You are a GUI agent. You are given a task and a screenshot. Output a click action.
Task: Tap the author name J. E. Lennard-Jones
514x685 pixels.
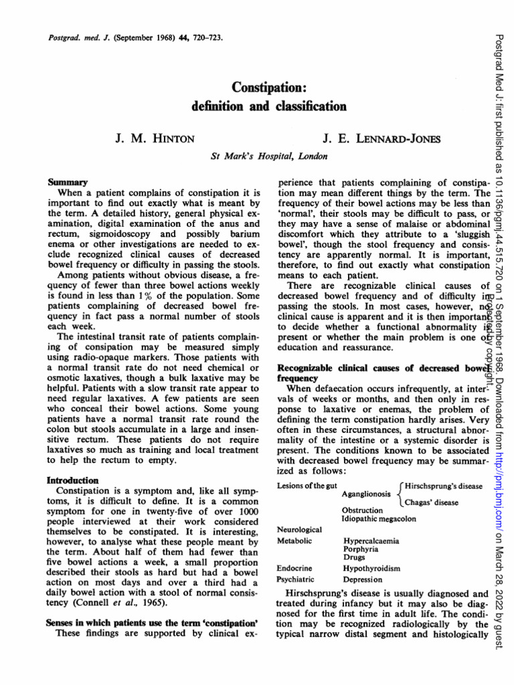tap(372, 138)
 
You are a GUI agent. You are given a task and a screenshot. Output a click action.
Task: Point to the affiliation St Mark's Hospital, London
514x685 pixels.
tap(270, 157)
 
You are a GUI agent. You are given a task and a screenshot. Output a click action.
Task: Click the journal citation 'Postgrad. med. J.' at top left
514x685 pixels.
tap(74, 37)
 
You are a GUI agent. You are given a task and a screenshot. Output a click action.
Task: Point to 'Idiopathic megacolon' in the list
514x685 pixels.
tap(379, 518)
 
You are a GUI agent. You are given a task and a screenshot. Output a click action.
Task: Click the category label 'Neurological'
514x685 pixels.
tap(299, 529)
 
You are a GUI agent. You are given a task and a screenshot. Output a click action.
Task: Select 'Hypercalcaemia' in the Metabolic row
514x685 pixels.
tap(373, 539)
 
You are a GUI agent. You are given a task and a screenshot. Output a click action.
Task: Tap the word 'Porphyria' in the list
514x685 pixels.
tap(363, 548)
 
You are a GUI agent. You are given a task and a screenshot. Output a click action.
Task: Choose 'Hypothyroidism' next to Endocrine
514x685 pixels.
tap(371, 568)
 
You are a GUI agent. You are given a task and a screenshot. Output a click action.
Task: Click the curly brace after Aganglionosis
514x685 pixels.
tap(400, 494)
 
